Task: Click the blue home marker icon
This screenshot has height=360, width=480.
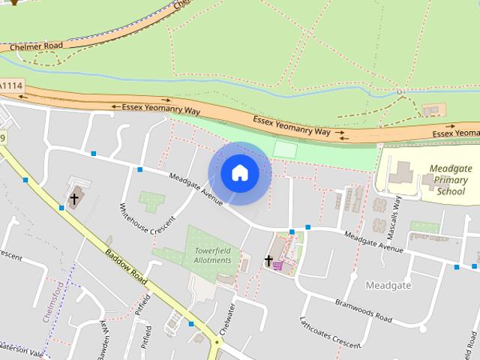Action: coord(239,173)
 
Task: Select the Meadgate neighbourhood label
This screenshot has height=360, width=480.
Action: coord(388,286)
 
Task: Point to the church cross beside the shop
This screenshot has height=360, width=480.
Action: coord(268,261)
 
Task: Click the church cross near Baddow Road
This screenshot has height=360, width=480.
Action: coord(73,199)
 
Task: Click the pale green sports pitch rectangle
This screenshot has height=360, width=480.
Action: coord(284,149)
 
